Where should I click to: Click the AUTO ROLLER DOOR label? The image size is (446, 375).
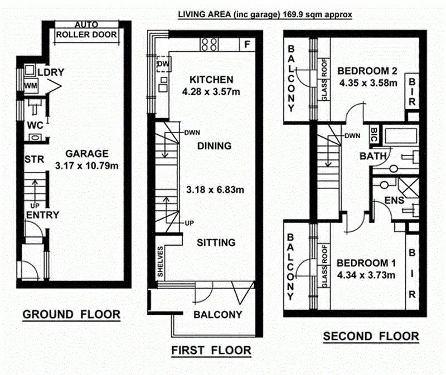(86, 30)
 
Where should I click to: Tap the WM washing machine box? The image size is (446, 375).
(31, 86)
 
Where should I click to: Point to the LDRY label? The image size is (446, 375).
(51, 72)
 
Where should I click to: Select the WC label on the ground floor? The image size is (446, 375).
(35, 125)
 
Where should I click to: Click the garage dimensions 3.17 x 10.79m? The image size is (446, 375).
(87, 165)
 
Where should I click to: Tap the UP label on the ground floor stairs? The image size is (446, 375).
(35, 205)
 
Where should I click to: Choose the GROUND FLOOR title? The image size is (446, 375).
(71, 314)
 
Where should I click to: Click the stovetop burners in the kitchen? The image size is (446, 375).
(210, 45)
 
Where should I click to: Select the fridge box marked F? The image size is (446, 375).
(247, 45)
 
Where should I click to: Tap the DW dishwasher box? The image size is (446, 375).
(163, 64)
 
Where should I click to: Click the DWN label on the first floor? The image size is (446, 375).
(192, 133)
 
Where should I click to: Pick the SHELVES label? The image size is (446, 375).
(160, 261)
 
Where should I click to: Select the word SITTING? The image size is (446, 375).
(216, 242)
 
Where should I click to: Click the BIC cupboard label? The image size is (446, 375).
(374, 134)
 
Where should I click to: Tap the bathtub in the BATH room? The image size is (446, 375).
(401, 136)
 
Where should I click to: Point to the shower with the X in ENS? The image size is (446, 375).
(409, 188)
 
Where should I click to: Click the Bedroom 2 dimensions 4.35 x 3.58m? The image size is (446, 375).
(369, 83)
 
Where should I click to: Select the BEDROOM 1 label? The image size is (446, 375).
(366, 263)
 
